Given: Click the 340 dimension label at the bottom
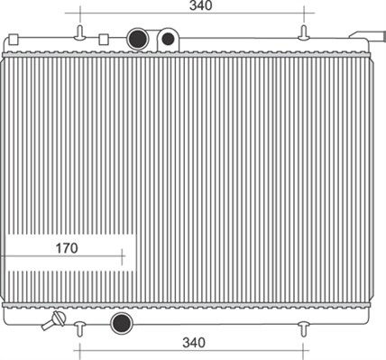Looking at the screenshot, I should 194,343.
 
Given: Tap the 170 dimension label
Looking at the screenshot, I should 67,247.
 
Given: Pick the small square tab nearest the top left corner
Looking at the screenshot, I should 14,40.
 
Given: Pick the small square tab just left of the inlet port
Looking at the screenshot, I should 103,40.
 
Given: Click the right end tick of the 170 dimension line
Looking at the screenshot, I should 122,256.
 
